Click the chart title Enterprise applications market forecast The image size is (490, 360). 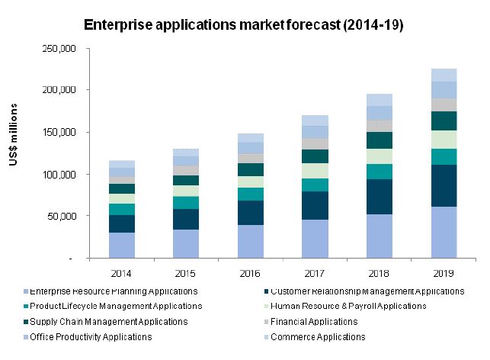pos(244,25)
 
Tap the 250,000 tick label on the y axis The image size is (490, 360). pos(60,48)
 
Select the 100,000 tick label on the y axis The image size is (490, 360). pos(60,175)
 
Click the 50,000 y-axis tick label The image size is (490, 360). pos(62,217)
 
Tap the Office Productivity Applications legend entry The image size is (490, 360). pos(98,336)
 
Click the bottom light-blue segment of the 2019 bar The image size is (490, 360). pos(444,233)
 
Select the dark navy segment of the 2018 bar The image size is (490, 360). pos(379,197)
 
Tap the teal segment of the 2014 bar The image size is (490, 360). pos(122,209)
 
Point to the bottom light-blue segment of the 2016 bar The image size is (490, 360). pos(251,242)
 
